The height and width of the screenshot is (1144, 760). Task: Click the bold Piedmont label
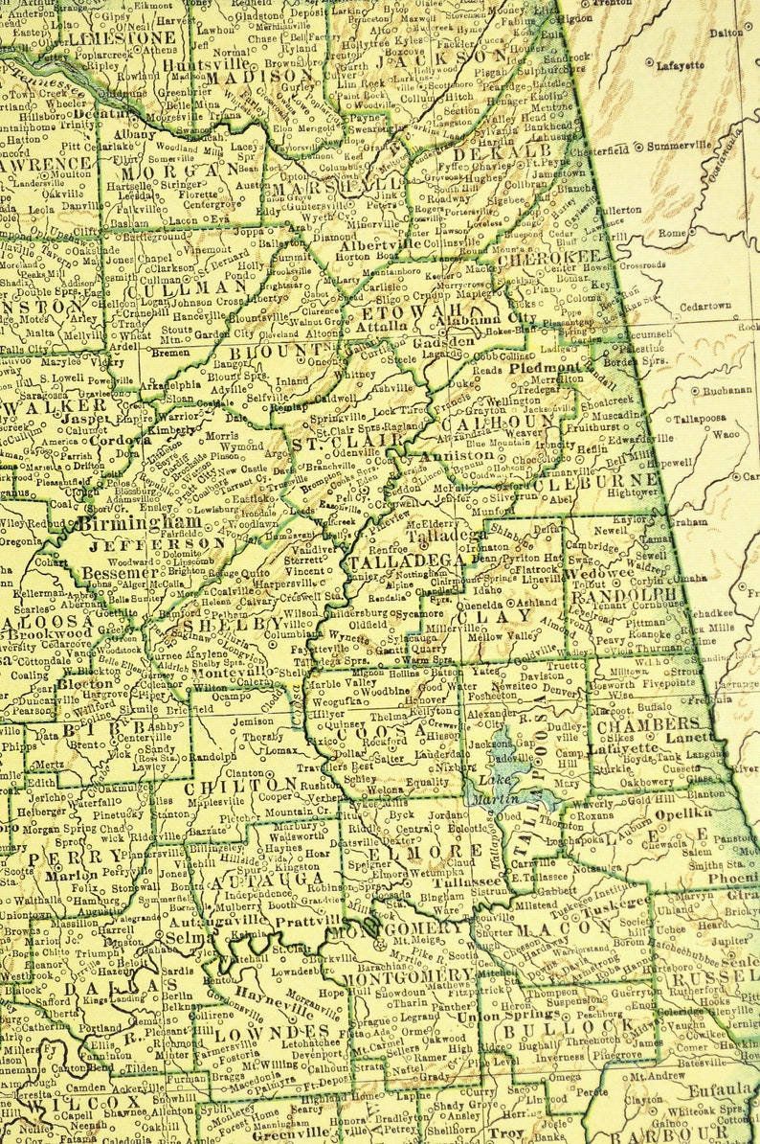pyautogui.click(x=546, y=367)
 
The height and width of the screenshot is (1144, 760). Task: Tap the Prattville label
pyautogui.click(x=302, y=923)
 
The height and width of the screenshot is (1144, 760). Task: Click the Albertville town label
pyautogui.click(x=379, y=244)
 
